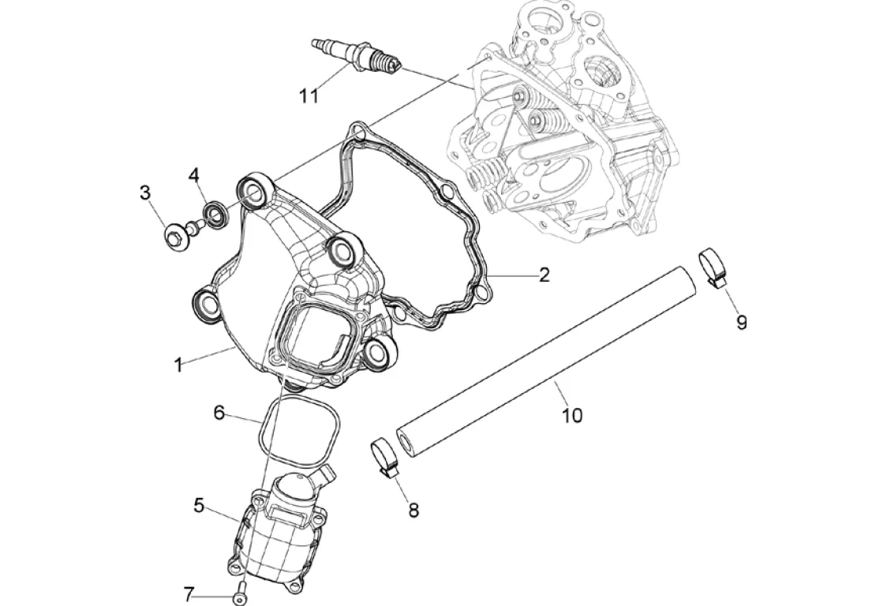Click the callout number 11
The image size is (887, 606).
coord(309,95)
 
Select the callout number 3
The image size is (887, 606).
coord(145,192)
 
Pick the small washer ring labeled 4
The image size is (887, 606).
coord(214,212)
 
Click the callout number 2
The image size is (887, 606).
coord(544,275)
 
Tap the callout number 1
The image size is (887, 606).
coord(179,365)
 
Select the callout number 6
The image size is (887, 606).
coord(219,412)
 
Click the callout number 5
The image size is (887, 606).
coord(199,505)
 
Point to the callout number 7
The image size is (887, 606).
coord(189,594)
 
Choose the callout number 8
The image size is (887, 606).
coord(414,510)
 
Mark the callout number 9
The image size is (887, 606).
coord(741,322)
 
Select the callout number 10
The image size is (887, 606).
coord(572,415)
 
